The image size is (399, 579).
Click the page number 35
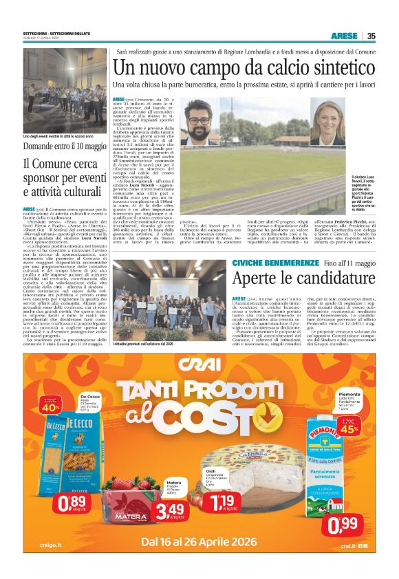pyautogui.click(x=371, y=36)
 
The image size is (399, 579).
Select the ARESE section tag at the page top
pyautogui.click(x=344, y=36)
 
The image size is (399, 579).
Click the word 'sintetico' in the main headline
pyautogui.click(x=312, y=67)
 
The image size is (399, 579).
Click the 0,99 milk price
pyautogui.click(x=341, y=524)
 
